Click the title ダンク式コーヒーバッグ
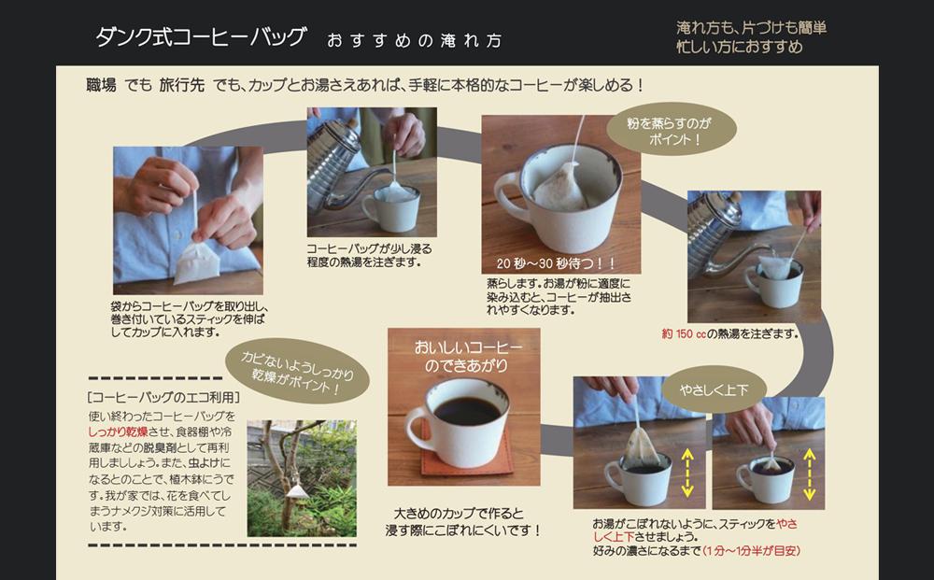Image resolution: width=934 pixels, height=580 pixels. coord(200,37)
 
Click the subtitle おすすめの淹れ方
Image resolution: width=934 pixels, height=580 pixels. coord(414,40)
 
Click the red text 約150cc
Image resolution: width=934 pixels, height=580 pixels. coord(685,333)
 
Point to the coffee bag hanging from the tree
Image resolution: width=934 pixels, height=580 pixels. coord(297,489)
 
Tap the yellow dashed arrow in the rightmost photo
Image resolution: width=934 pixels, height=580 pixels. coord(810,473)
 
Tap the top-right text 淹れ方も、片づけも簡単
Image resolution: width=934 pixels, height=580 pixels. coord(751,28)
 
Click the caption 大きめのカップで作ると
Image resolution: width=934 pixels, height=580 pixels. coord(459,514)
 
